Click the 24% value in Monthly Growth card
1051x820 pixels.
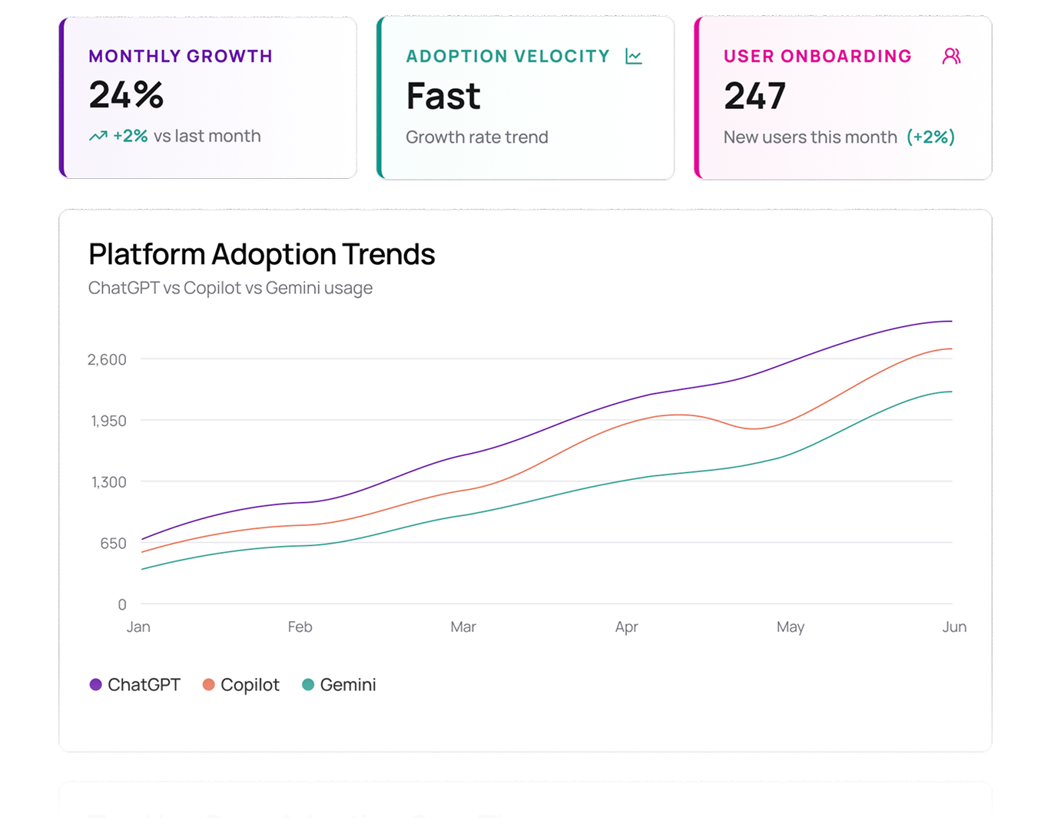click(126, 95)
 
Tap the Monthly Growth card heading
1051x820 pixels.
click(181, 56)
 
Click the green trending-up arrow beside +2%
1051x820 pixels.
click(98, 136)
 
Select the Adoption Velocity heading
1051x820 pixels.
click(508, 56)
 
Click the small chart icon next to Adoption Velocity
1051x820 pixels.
click(634, 56)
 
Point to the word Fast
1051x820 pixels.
click(443, 97)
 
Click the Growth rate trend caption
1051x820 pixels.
click(477, 137)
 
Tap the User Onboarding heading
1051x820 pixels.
click(817, 56)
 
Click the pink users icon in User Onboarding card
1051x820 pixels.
click(951, 56)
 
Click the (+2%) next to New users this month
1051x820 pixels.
click(930, 137)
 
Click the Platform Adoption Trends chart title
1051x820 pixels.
click(261, 254)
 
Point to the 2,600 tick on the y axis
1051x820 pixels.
click(107, 359)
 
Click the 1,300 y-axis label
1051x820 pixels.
click(108, 482)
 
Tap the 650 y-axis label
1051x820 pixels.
click(113, 544)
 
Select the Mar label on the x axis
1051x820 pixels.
click(463, 627)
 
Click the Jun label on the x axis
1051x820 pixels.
click(954, 627)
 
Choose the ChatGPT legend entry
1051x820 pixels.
click(135, 685)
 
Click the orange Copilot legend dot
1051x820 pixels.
click(208, 685)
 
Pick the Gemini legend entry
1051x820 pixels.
click(339, 685)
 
